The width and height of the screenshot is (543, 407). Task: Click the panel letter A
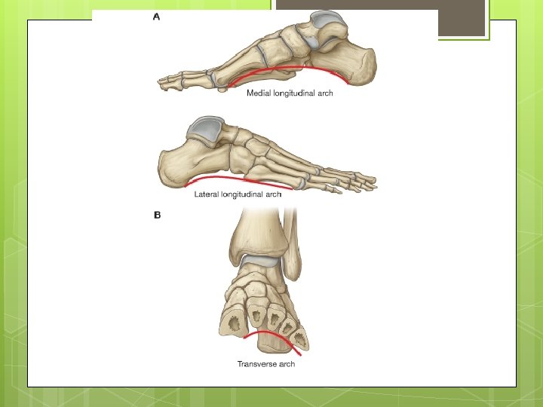coord(157,17)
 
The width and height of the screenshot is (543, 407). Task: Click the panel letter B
coord(158,215)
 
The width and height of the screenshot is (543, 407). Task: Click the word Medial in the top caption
coord(260,94)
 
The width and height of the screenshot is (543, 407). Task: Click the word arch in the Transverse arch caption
coord(287,364)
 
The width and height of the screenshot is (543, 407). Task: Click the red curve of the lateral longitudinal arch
coord(234,179)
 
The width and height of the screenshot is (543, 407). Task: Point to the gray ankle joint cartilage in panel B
coord(261,260)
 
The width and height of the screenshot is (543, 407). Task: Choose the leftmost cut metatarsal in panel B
coord(232,323)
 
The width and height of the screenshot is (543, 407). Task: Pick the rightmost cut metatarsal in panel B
coord(300,338)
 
